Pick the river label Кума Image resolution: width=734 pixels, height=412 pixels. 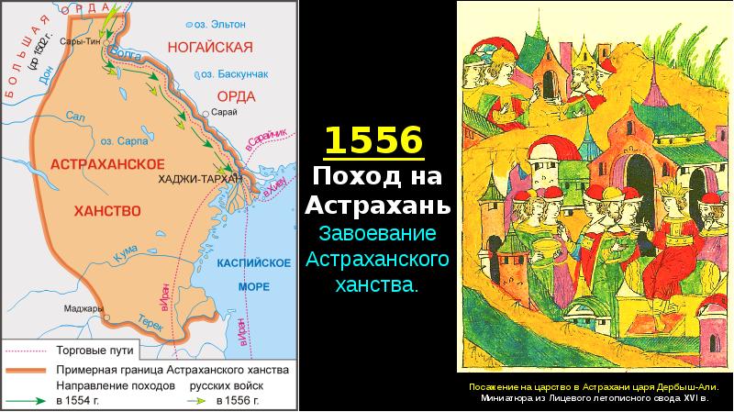[x=116, y=250]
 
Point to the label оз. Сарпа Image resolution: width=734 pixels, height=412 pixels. [x=119, y=141]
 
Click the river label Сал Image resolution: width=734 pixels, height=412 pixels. [x=75, y=116]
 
